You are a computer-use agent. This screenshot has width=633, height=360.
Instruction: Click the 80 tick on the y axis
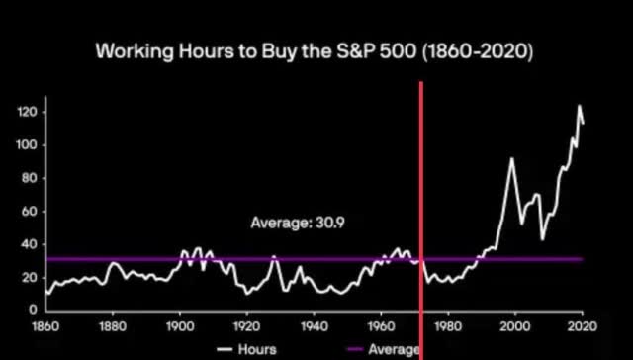coord(28,178)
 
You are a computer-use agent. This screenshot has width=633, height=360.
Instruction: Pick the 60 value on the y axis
coord(28,212)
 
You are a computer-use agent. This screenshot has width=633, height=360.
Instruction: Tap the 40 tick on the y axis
coord(28,244)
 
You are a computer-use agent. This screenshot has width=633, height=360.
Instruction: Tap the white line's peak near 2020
coord(580,106)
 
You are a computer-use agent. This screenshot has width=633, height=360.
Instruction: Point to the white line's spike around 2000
coord(511,158)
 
